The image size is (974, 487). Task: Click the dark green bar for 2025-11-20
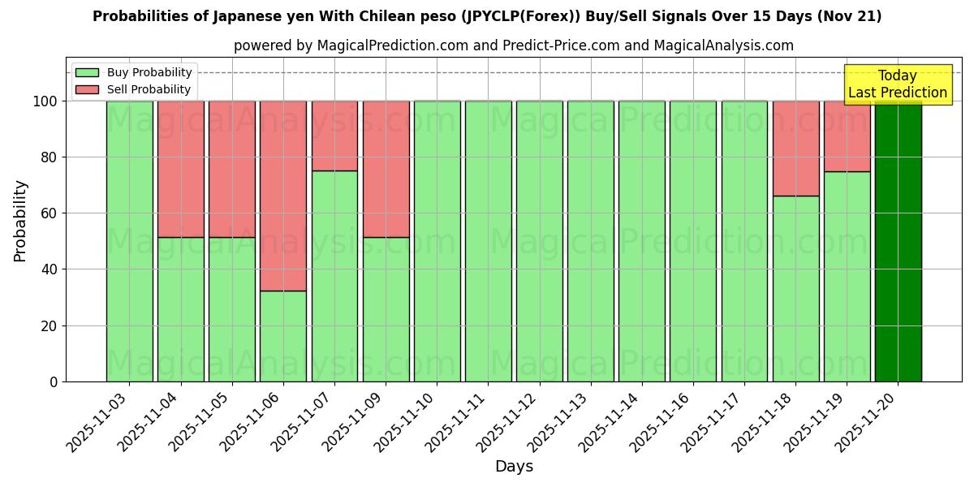pyautogui.click(x=898, y=241)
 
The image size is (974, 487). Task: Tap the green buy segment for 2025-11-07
pyautogui.click(x=334, y=276)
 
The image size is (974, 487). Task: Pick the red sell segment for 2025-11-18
pyautogui.click(x=795, y=149)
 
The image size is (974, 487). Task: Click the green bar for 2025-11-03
pyautogui.click(x=129, y=241)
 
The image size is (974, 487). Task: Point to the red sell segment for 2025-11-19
pyautogui.click(x=847, y=136)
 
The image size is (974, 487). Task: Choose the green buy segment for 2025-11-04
pyautogui.click(x=180, y=309)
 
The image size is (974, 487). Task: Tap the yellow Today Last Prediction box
pyautogui.click(x=897, y=84)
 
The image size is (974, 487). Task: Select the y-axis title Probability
pyautogui.click(x=20, y=220)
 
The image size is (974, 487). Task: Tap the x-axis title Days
pyautogui.click(x=514, y=467)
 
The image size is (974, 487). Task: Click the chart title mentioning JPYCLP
pyautogui.click(x=487, y=16)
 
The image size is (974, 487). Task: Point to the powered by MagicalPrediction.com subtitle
pyautogui.click(x=513, y=45)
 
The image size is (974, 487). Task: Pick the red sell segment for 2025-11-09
pyautogui.click(x=386, y=169)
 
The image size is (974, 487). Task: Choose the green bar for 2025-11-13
pyautogui.click(x=590, y=241)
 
